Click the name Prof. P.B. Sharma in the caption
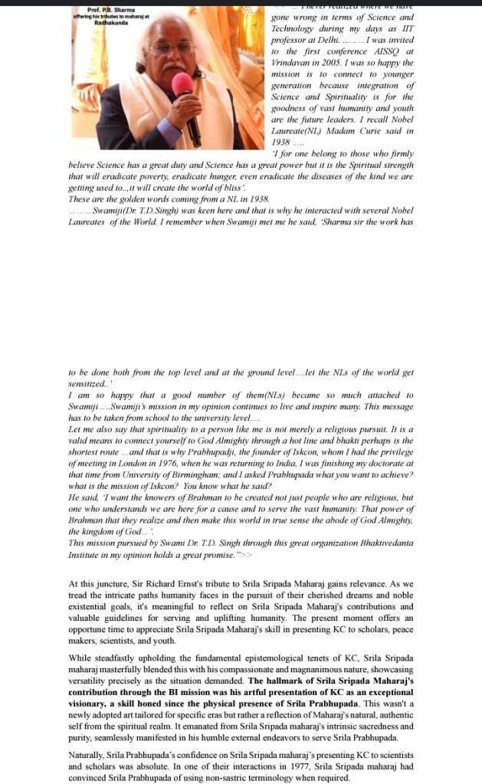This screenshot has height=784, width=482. (100, 10)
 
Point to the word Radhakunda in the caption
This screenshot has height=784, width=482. (110, 23)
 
